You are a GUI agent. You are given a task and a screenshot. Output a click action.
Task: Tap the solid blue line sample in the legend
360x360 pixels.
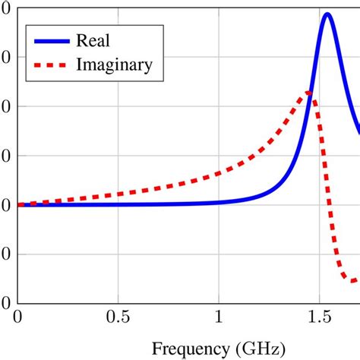point(49,40)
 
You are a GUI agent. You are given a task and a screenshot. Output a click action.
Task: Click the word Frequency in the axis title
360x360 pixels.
point(188,349)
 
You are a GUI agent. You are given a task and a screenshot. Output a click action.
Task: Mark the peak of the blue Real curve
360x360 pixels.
point(327,14)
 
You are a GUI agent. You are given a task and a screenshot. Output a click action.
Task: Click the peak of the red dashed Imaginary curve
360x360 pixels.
point(309,93)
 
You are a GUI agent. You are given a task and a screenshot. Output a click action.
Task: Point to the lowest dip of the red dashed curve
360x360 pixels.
point(351,281)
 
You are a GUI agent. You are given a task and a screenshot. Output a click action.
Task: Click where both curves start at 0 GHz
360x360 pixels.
point(19,204)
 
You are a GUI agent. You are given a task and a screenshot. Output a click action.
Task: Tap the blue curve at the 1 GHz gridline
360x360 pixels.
point(219,202)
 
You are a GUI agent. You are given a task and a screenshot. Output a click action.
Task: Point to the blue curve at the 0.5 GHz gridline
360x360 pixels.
point(118,204)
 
